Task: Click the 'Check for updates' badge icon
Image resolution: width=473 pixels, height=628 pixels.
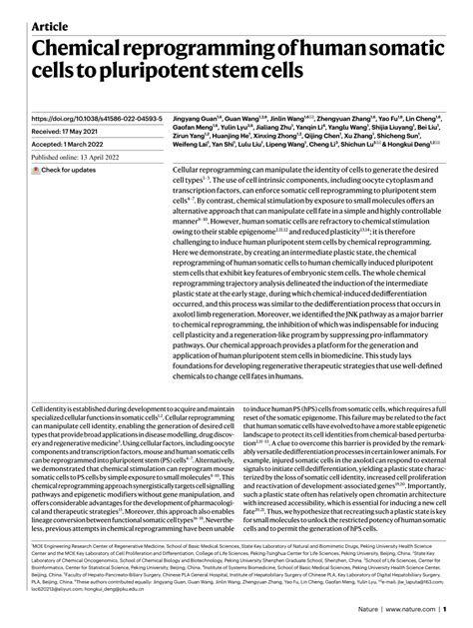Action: pos(37,170)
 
